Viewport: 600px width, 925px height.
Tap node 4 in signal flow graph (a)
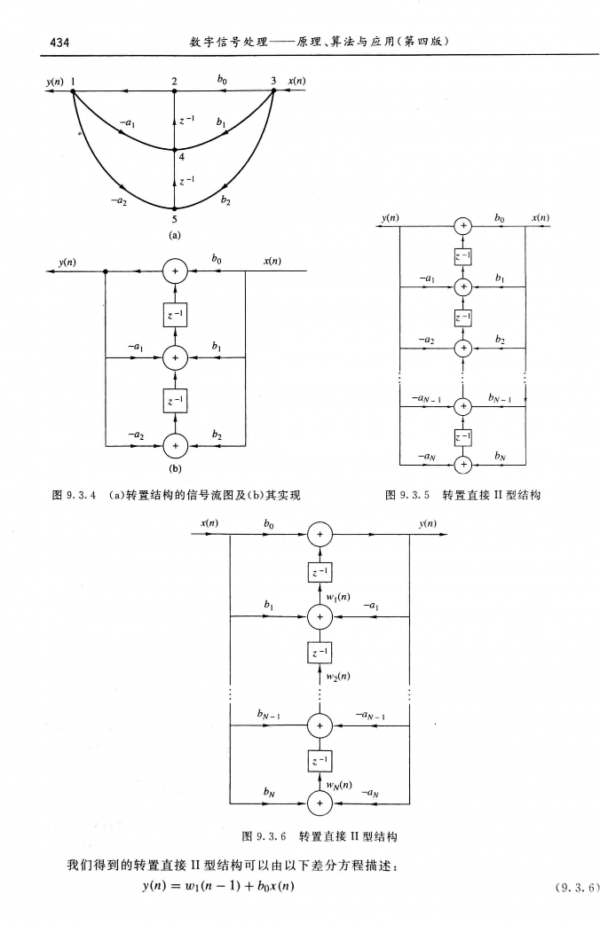[x=175, y=150]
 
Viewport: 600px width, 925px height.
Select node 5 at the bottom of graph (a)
[x=175, y=208]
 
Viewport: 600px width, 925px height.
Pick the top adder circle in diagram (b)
[x=175, y=272]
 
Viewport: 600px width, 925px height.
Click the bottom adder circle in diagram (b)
[x=175, y=443]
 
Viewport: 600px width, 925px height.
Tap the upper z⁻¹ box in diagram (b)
[x=175, y=315]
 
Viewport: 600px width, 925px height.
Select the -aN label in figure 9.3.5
[x=429, y=454]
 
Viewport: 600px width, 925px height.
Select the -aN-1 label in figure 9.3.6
[x=371, y=715]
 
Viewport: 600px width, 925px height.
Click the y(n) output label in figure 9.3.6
[x=425, y=524]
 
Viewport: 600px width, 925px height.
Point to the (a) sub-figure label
[x=174, y=235]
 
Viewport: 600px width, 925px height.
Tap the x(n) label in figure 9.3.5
[x=540, y=217]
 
